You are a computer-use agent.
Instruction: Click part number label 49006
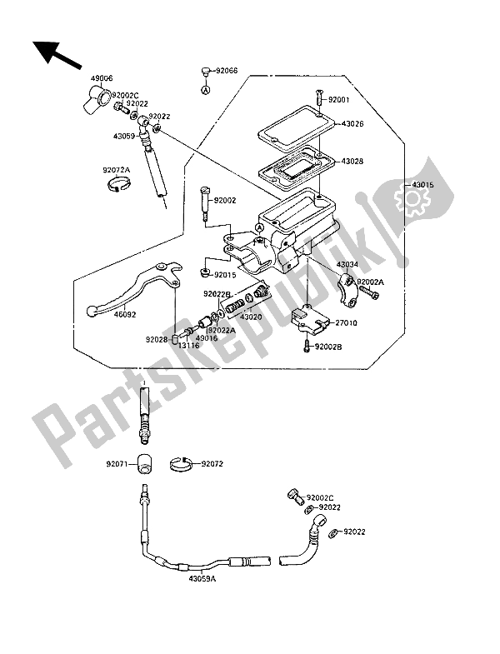(102, 77)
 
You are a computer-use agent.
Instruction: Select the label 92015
(224, 274)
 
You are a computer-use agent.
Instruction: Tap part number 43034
(347, 265)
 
